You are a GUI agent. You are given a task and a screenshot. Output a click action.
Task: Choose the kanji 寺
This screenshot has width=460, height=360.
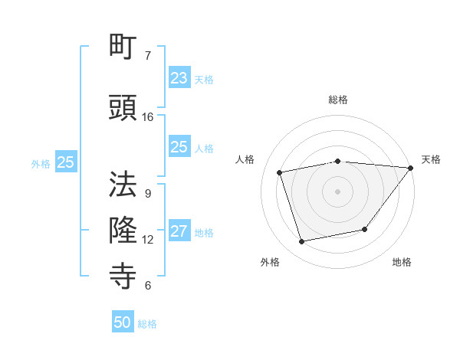[123, 273]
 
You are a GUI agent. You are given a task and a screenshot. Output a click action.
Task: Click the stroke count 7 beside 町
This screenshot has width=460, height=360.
[147, 56]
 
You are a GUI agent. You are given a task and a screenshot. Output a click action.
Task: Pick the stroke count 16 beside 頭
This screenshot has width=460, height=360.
[148, 117]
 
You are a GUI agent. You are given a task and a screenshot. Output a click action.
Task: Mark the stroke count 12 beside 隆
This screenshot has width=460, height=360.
[148, 240]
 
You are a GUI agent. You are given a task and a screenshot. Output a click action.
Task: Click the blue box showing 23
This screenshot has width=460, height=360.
[179, 77]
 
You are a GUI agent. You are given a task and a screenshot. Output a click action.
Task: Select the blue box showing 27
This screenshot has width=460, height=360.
[179, 231]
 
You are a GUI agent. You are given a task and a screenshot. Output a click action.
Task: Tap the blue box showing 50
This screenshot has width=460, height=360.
[123, 322]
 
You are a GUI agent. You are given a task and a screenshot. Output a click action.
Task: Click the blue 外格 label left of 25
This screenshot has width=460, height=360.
[41, 163]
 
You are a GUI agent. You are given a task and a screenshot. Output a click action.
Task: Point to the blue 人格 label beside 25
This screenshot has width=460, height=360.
[204, 148]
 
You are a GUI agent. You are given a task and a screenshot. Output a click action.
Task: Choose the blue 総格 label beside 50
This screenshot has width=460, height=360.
[147, 324]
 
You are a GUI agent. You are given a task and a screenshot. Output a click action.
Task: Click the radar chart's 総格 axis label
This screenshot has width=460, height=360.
[338, 100]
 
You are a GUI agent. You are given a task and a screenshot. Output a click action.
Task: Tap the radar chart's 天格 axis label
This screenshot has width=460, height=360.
[431, 159]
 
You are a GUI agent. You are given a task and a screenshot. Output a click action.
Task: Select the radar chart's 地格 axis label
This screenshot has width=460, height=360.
[402, 262]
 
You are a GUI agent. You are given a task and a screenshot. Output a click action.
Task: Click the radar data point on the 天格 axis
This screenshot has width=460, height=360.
[410, 168]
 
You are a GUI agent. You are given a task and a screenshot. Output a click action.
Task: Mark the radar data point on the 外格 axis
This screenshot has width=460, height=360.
[302, 242]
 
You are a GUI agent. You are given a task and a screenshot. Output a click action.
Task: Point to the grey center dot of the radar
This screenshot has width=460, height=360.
[337, 191]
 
